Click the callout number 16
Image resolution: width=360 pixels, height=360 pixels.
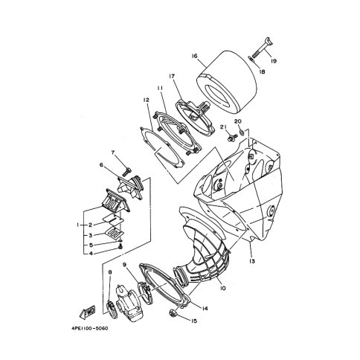(194, 56)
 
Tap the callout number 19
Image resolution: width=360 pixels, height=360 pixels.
(274, 61)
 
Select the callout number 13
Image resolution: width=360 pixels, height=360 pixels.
(252, 261)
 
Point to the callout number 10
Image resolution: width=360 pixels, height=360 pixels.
(222, 288)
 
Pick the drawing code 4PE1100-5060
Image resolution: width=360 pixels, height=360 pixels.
(90, 328)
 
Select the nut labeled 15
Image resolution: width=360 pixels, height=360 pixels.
(172, 312)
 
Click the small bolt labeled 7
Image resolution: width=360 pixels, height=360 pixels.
(127, 172)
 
